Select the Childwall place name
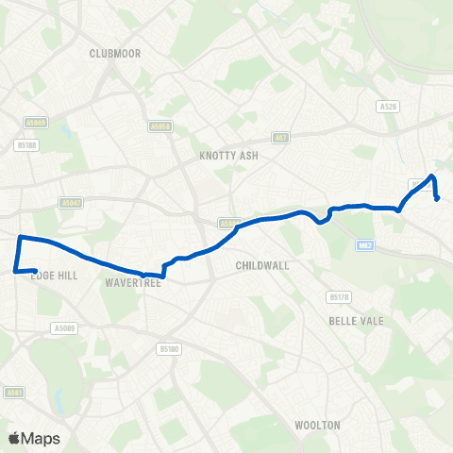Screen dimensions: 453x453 tap(261, 267)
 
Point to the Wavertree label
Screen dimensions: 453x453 tap(129, 281)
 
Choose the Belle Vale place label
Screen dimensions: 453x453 tap(352, 321)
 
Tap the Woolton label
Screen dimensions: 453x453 tap(317, 426)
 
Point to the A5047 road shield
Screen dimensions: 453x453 tap(70, 202)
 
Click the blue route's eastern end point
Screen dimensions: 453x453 tap(438, 198)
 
